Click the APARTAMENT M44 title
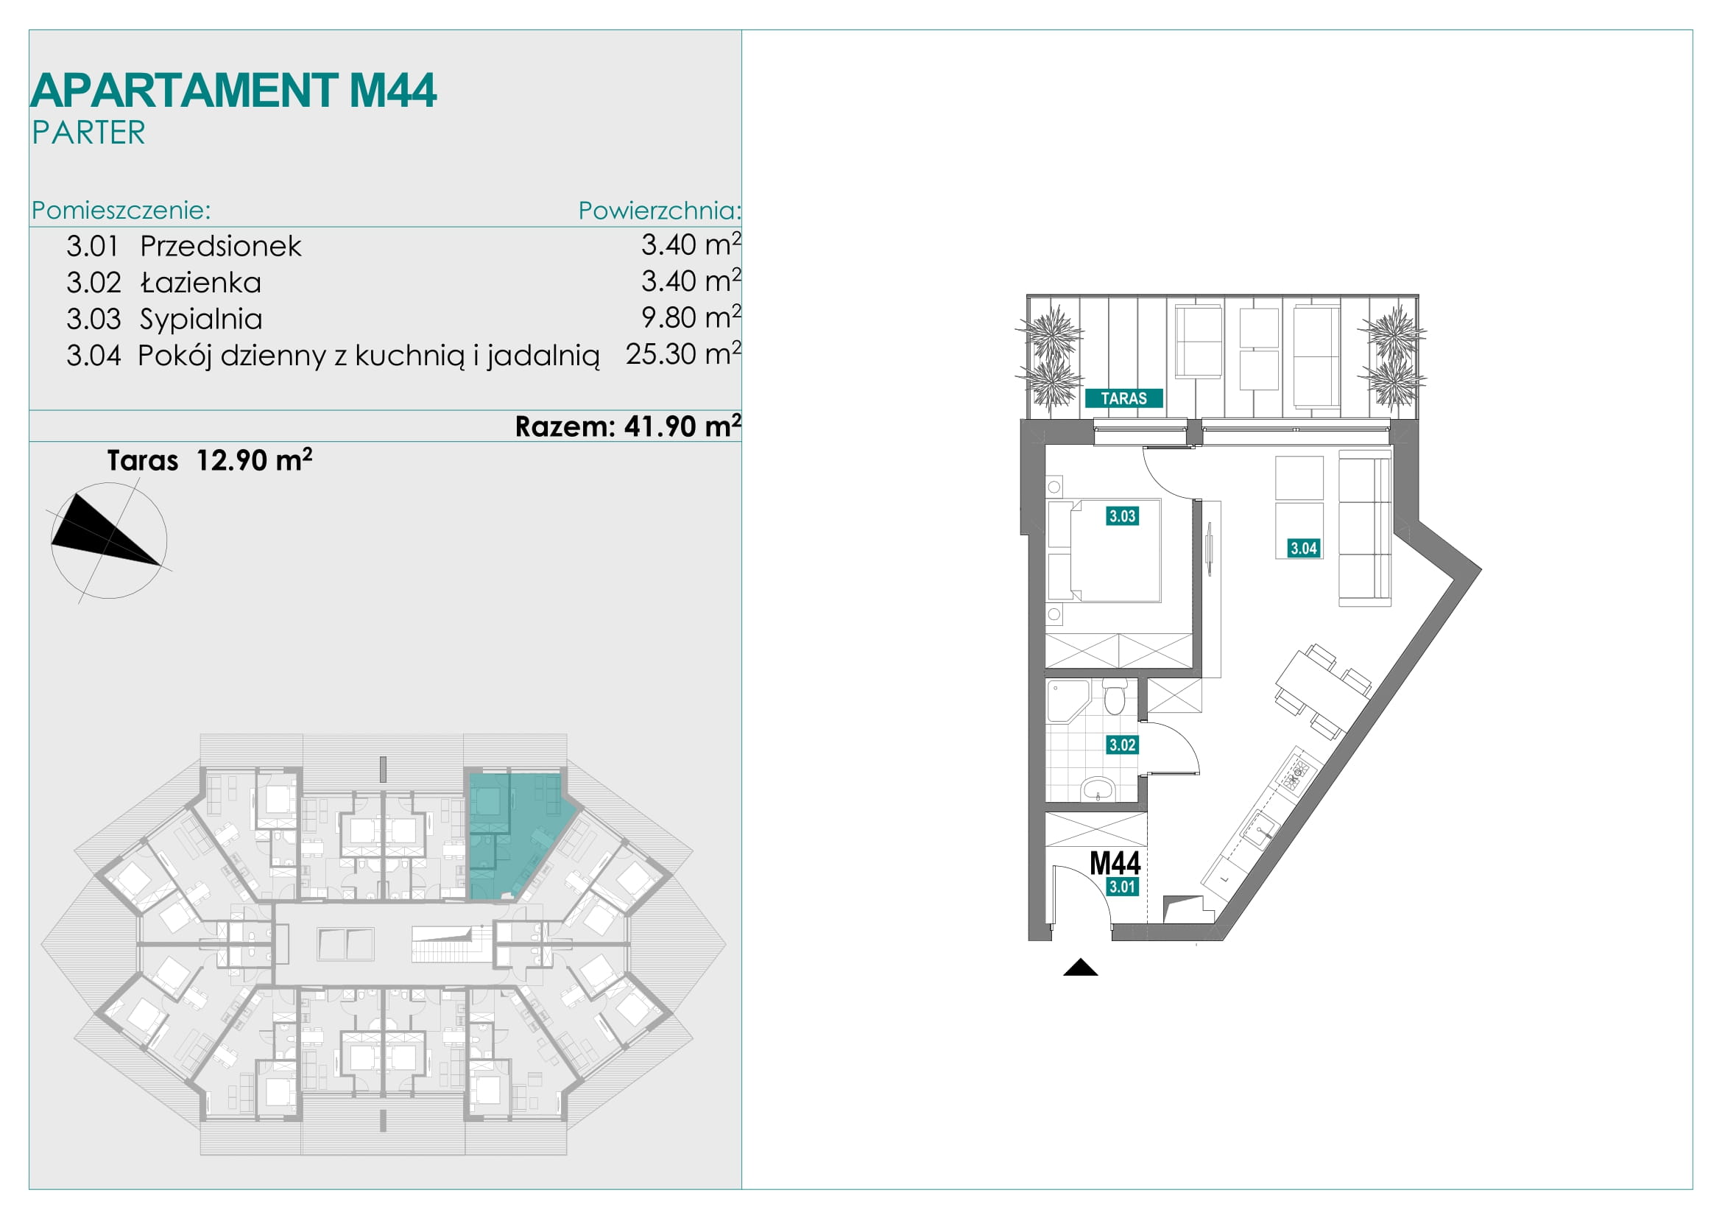(233, 91)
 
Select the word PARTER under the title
(88, 133)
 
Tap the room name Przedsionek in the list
(221, 246)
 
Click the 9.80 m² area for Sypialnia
(691, 317)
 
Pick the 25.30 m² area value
(683, 353)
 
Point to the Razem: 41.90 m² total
(628, 425)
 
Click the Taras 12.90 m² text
(209, 460)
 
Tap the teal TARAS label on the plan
(1123, 398)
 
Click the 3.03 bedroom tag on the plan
(1122, 516)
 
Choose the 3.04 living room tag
(1304, 549)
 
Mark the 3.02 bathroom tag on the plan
(1122, 744)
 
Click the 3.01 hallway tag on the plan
(1122, 887)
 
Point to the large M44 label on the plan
(1115, 863)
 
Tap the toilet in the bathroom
(1115, 696)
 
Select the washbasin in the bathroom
(1098, 789)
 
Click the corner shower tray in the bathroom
(1066, 700)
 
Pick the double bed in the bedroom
(1105, 551)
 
